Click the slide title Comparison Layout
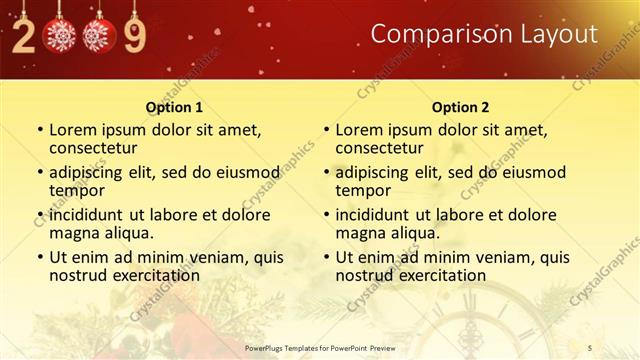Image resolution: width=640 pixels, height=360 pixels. click(x=484, y=34)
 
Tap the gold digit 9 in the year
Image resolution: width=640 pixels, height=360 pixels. click(x=133, y=37)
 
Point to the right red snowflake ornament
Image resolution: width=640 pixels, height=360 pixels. click(x=99, y=36)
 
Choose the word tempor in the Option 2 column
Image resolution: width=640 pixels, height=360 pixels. click(x=362, y=190)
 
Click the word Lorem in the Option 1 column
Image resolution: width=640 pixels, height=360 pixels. click(x=73, y=130)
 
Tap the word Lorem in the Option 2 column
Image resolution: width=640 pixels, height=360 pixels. click(x=359, y=130)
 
